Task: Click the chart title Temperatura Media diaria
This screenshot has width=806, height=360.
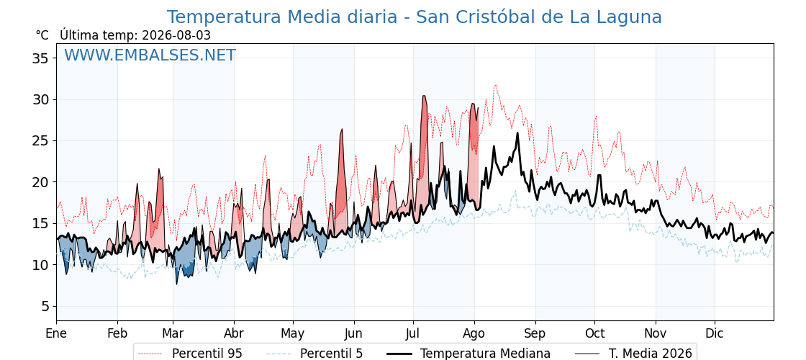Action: pos(281,17)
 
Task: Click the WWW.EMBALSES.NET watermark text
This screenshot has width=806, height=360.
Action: pos(150,55)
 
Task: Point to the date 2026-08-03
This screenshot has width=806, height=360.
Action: pos(176,35)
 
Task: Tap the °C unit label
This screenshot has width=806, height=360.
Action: pos(42,35)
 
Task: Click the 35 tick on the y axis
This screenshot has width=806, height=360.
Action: pos(40,58)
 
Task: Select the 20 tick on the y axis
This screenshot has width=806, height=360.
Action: pos(40,182)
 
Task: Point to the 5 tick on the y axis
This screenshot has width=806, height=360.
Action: pos(45,306)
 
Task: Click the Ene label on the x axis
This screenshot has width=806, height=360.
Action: pos(57,333)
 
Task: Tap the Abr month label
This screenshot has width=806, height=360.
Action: pos(234,333)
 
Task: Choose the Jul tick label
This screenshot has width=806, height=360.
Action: pos(413,333)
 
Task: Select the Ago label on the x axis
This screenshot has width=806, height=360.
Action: pos(474,334)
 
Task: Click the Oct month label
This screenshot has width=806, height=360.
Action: pos(594,333)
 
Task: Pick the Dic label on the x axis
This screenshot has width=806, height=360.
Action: pos(715,333)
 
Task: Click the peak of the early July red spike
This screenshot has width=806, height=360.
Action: pos(424,96)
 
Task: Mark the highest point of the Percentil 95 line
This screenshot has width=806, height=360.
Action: pos(496,86)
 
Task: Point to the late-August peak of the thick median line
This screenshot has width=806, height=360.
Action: pos(517,133)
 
